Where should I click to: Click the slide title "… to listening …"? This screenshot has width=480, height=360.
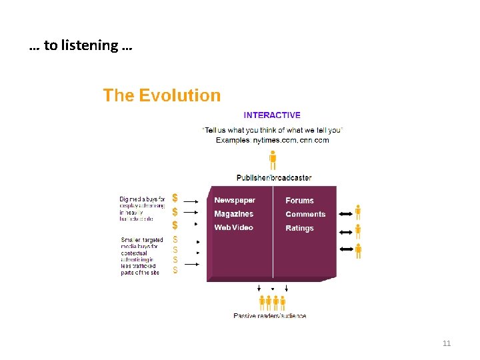[81, 46]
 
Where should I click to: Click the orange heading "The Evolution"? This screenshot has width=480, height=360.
[161, 95]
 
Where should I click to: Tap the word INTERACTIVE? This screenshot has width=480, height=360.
[272, 115]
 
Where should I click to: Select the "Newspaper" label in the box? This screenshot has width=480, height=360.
[235, 200]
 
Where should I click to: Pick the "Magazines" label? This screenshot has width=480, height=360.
[234, 214]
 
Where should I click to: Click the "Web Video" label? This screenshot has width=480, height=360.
[234, 228]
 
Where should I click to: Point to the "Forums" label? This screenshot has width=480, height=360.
[299, 201]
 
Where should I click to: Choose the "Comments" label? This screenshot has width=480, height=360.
[305, 214]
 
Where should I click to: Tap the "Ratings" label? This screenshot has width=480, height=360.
[299, 228]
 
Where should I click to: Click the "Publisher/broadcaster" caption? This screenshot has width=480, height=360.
[274, 178]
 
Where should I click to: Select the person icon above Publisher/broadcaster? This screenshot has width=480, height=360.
[273, 160]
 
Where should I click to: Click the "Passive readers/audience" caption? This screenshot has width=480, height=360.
[270, 315]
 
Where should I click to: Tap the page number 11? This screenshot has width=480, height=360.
[447, 343]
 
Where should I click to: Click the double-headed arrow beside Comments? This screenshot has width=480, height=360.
[346, 231]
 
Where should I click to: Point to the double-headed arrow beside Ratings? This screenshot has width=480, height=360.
[346, 249]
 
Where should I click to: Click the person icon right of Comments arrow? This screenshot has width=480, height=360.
[358, 231]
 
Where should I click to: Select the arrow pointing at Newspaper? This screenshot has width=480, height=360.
[191, 200]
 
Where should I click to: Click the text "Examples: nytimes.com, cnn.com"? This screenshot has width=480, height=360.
[272, 140]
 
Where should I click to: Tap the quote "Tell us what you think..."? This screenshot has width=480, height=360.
[271, 130]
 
